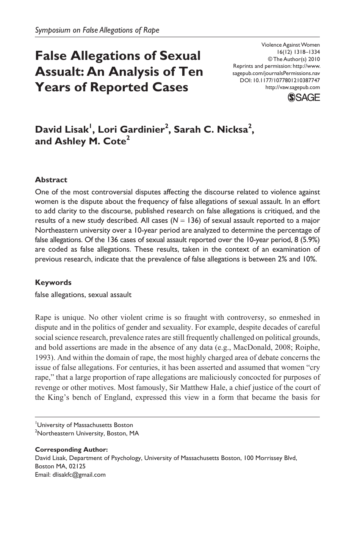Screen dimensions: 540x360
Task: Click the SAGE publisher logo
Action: [x=304, y=97]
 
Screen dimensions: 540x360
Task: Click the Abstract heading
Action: [x=51, y=180]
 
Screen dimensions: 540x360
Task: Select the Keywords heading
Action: [x=53, y=282]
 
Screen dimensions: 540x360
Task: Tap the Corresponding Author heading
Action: [x=72, y=449]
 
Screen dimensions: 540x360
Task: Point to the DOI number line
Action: [x=280, y=80]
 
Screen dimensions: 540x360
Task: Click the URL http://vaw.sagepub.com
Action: [x=293, y=87]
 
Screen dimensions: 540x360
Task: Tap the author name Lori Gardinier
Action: [x=131, y=130]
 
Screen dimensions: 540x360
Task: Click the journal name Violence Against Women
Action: [x=291, y=45]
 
